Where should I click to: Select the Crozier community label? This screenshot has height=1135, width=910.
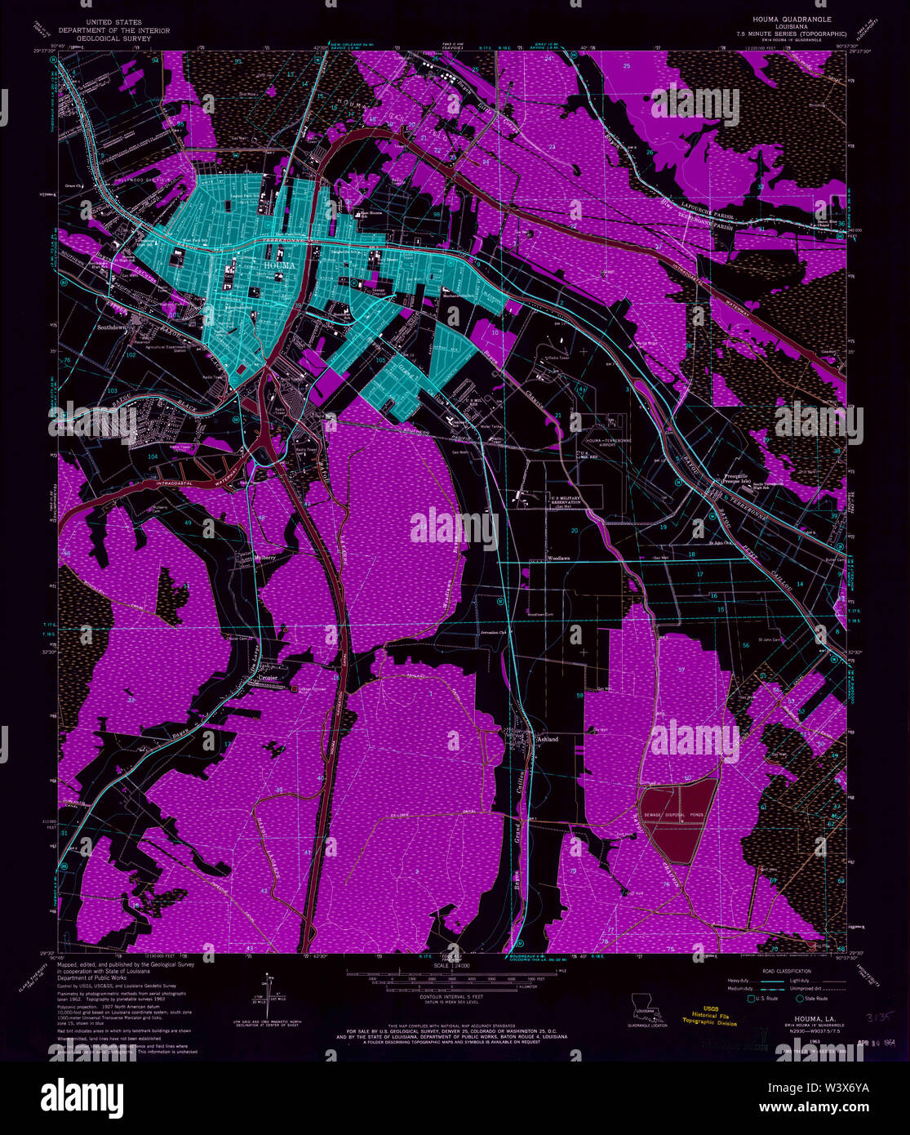tap(269, 677)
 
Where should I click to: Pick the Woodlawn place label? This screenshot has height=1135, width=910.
tap(557, 559)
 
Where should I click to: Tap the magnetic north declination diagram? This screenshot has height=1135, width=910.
tap(267, 992)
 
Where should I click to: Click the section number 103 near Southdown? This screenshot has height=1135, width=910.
tap(113, 391)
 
